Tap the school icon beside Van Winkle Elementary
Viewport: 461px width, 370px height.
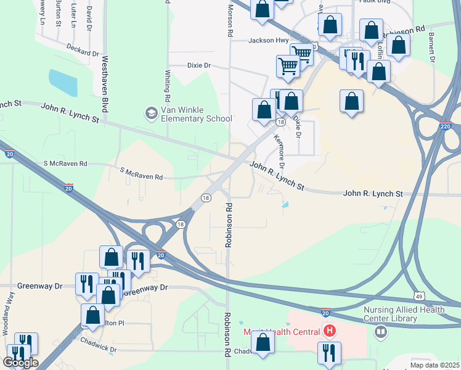151,114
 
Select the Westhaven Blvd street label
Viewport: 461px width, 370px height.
106,84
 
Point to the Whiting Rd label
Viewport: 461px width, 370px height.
167,85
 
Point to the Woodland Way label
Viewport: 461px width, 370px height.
11,317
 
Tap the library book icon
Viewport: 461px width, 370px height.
381,333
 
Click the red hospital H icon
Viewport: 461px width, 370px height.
330,331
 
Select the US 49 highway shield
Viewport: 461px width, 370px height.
419,297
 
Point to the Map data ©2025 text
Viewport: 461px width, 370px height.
434,365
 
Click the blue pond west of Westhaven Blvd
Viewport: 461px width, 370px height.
63,82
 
